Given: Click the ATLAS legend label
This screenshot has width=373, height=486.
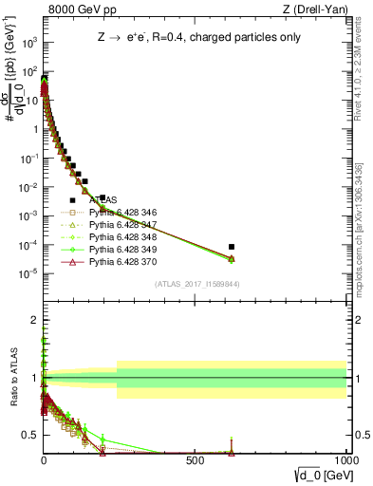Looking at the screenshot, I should pyautogui.click(x=103, y=200).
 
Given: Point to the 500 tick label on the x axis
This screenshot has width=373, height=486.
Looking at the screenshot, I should pyautogui.click(x=195, y=459).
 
